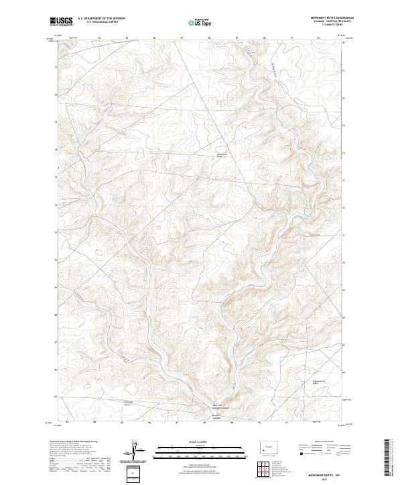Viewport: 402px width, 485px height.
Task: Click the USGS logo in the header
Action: point(62,21)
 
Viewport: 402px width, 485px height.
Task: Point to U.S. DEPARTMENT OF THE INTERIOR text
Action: point(101,19)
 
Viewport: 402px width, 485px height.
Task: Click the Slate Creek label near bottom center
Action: point(216,415)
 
